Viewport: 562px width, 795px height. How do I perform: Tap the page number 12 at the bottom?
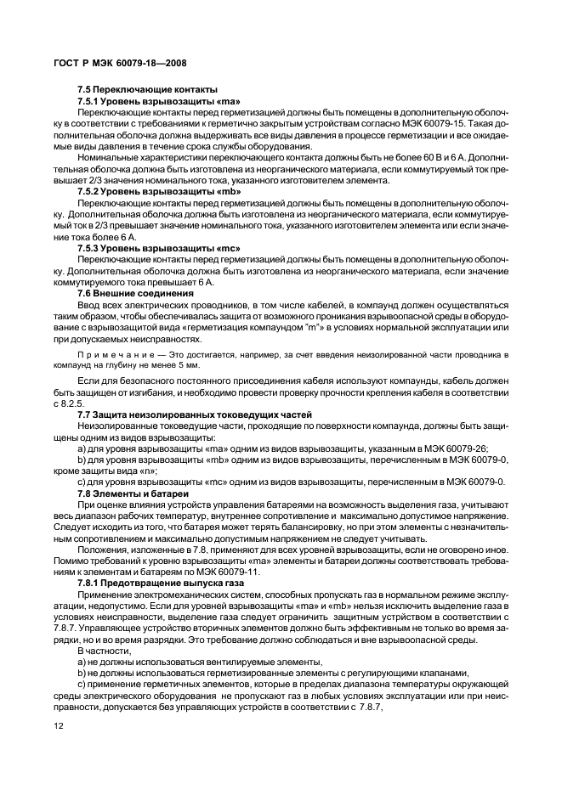[59, 727]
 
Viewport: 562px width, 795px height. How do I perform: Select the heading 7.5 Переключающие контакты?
[147, 90]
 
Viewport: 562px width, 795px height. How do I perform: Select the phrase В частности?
[101, 649]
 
